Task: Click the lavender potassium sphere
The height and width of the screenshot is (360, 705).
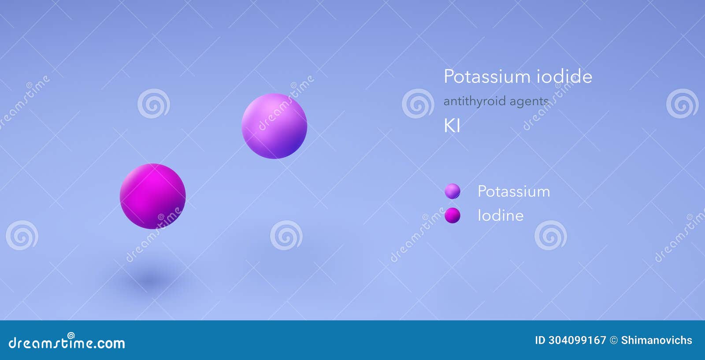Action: [x=274, y=126]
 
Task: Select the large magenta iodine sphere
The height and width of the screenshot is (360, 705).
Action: [x=152, y=196]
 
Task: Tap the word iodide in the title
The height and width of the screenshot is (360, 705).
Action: [x=564, y=77]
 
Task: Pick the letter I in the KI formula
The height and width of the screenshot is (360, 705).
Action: [x=458, y=126]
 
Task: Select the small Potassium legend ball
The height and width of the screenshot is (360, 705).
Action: [x=453, y=191]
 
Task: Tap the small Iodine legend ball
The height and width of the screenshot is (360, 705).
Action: [x=453, y=215]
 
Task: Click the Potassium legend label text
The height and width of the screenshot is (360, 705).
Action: [x=514, y=192]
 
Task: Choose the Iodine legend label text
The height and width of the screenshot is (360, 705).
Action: [x=501, y=215]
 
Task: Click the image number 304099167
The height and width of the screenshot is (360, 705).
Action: [x=577, y=340]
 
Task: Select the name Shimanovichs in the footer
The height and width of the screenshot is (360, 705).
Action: [x=657, y=340]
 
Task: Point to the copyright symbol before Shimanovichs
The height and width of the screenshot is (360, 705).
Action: [x=614, y=340]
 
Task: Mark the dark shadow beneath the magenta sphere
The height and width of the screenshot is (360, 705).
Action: [x=150, y=279]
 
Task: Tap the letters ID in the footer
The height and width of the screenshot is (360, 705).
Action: [x=540, y=340]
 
